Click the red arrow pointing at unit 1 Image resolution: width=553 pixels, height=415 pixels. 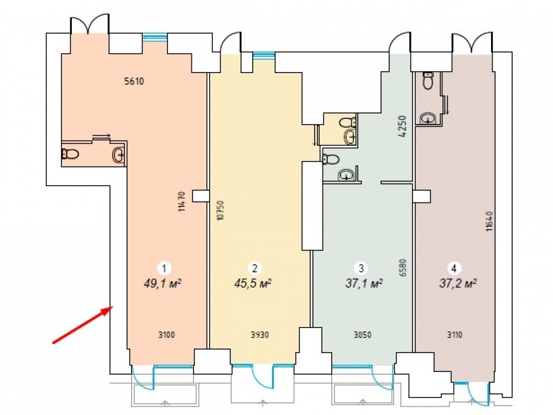click(82, 325)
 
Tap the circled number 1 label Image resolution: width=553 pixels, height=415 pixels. click(164, 268)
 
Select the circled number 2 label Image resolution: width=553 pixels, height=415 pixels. click(254, 268)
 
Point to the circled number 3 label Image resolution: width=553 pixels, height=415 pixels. click(361, 268)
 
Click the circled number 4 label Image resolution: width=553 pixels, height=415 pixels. click(454, 268)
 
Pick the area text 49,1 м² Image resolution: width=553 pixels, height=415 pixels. click(163, 283)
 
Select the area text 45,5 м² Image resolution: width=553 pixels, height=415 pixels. click(253, 283)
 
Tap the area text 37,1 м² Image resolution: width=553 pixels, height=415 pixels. click(364, 283)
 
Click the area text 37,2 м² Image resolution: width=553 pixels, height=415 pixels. click(458, 283)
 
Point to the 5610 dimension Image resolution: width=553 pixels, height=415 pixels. click(134, 81)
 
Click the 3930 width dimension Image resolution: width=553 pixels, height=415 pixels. click(260, 335)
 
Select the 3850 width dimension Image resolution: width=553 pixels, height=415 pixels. click(363, 335)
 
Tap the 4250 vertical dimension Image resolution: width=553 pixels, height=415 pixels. click(403, 126)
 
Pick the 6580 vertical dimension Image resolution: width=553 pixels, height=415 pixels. click(404, 267)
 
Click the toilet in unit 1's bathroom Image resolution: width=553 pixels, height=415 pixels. click(70, 154)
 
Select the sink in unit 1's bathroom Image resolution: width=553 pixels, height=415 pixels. click(119, 154)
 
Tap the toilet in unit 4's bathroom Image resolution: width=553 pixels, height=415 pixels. click(428, 81)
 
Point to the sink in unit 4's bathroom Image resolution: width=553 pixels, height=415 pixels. click(428, 118)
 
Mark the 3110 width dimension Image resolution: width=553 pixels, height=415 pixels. click(455, 335)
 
